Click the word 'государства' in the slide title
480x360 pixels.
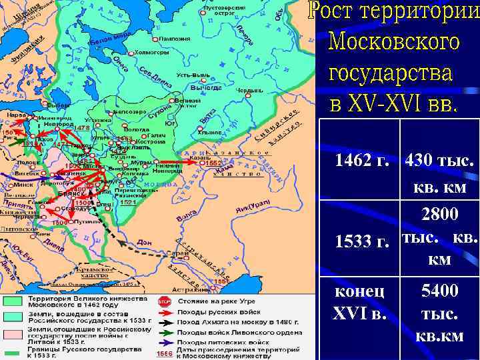point(390,73)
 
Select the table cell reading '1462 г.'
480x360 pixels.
point(362,161)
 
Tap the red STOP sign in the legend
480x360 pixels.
point(164,301)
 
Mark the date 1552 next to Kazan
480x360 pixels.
point(214,162)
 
